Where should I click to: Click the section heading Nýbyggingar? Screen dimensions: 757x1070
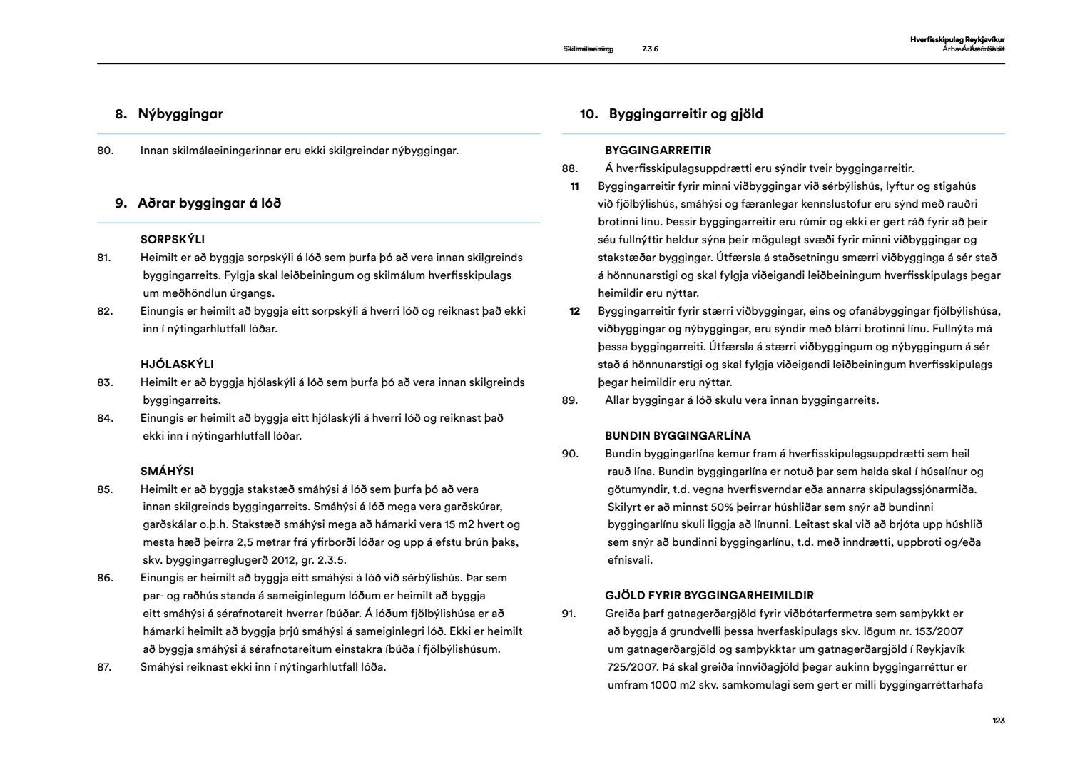(180, 114)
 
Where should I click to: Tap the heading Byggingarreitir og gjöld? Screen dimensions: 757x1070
(686, 114)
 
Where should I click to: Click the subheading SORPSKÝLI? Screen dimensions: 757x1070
(173, 240)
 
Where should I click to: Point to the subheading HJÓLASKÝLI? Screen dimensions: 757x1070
(177, 365)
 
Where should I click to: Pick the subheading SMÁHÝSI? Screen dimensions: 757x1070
(167, 472)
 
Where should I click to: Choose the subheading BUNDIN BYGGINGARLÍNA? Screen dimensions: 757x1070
(678, 436)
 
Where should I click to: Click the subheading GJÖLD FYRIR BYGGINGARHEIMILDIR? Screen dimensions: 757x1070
(709, 596)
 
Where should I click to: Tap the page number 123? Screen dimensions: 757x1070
(998, 721)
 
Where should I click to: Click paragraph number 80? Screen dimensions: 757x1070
(106, 151)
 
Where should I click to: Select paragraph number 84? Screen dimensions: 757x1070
(106, 418)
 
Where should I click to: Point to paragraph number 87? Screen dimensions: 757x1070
(106, 668)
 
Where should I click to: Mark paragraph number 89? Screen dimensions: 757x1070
(570, 400)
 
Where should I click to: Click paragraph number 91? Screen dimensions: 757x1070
(569, 614)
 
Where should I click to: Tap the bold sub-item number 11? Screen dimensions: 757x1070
(574, 187)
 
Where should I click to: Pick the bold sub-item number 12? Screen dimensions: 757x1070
(574, 311)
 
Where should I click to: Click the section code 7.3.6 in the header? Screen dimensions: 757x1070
(650, 49)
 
